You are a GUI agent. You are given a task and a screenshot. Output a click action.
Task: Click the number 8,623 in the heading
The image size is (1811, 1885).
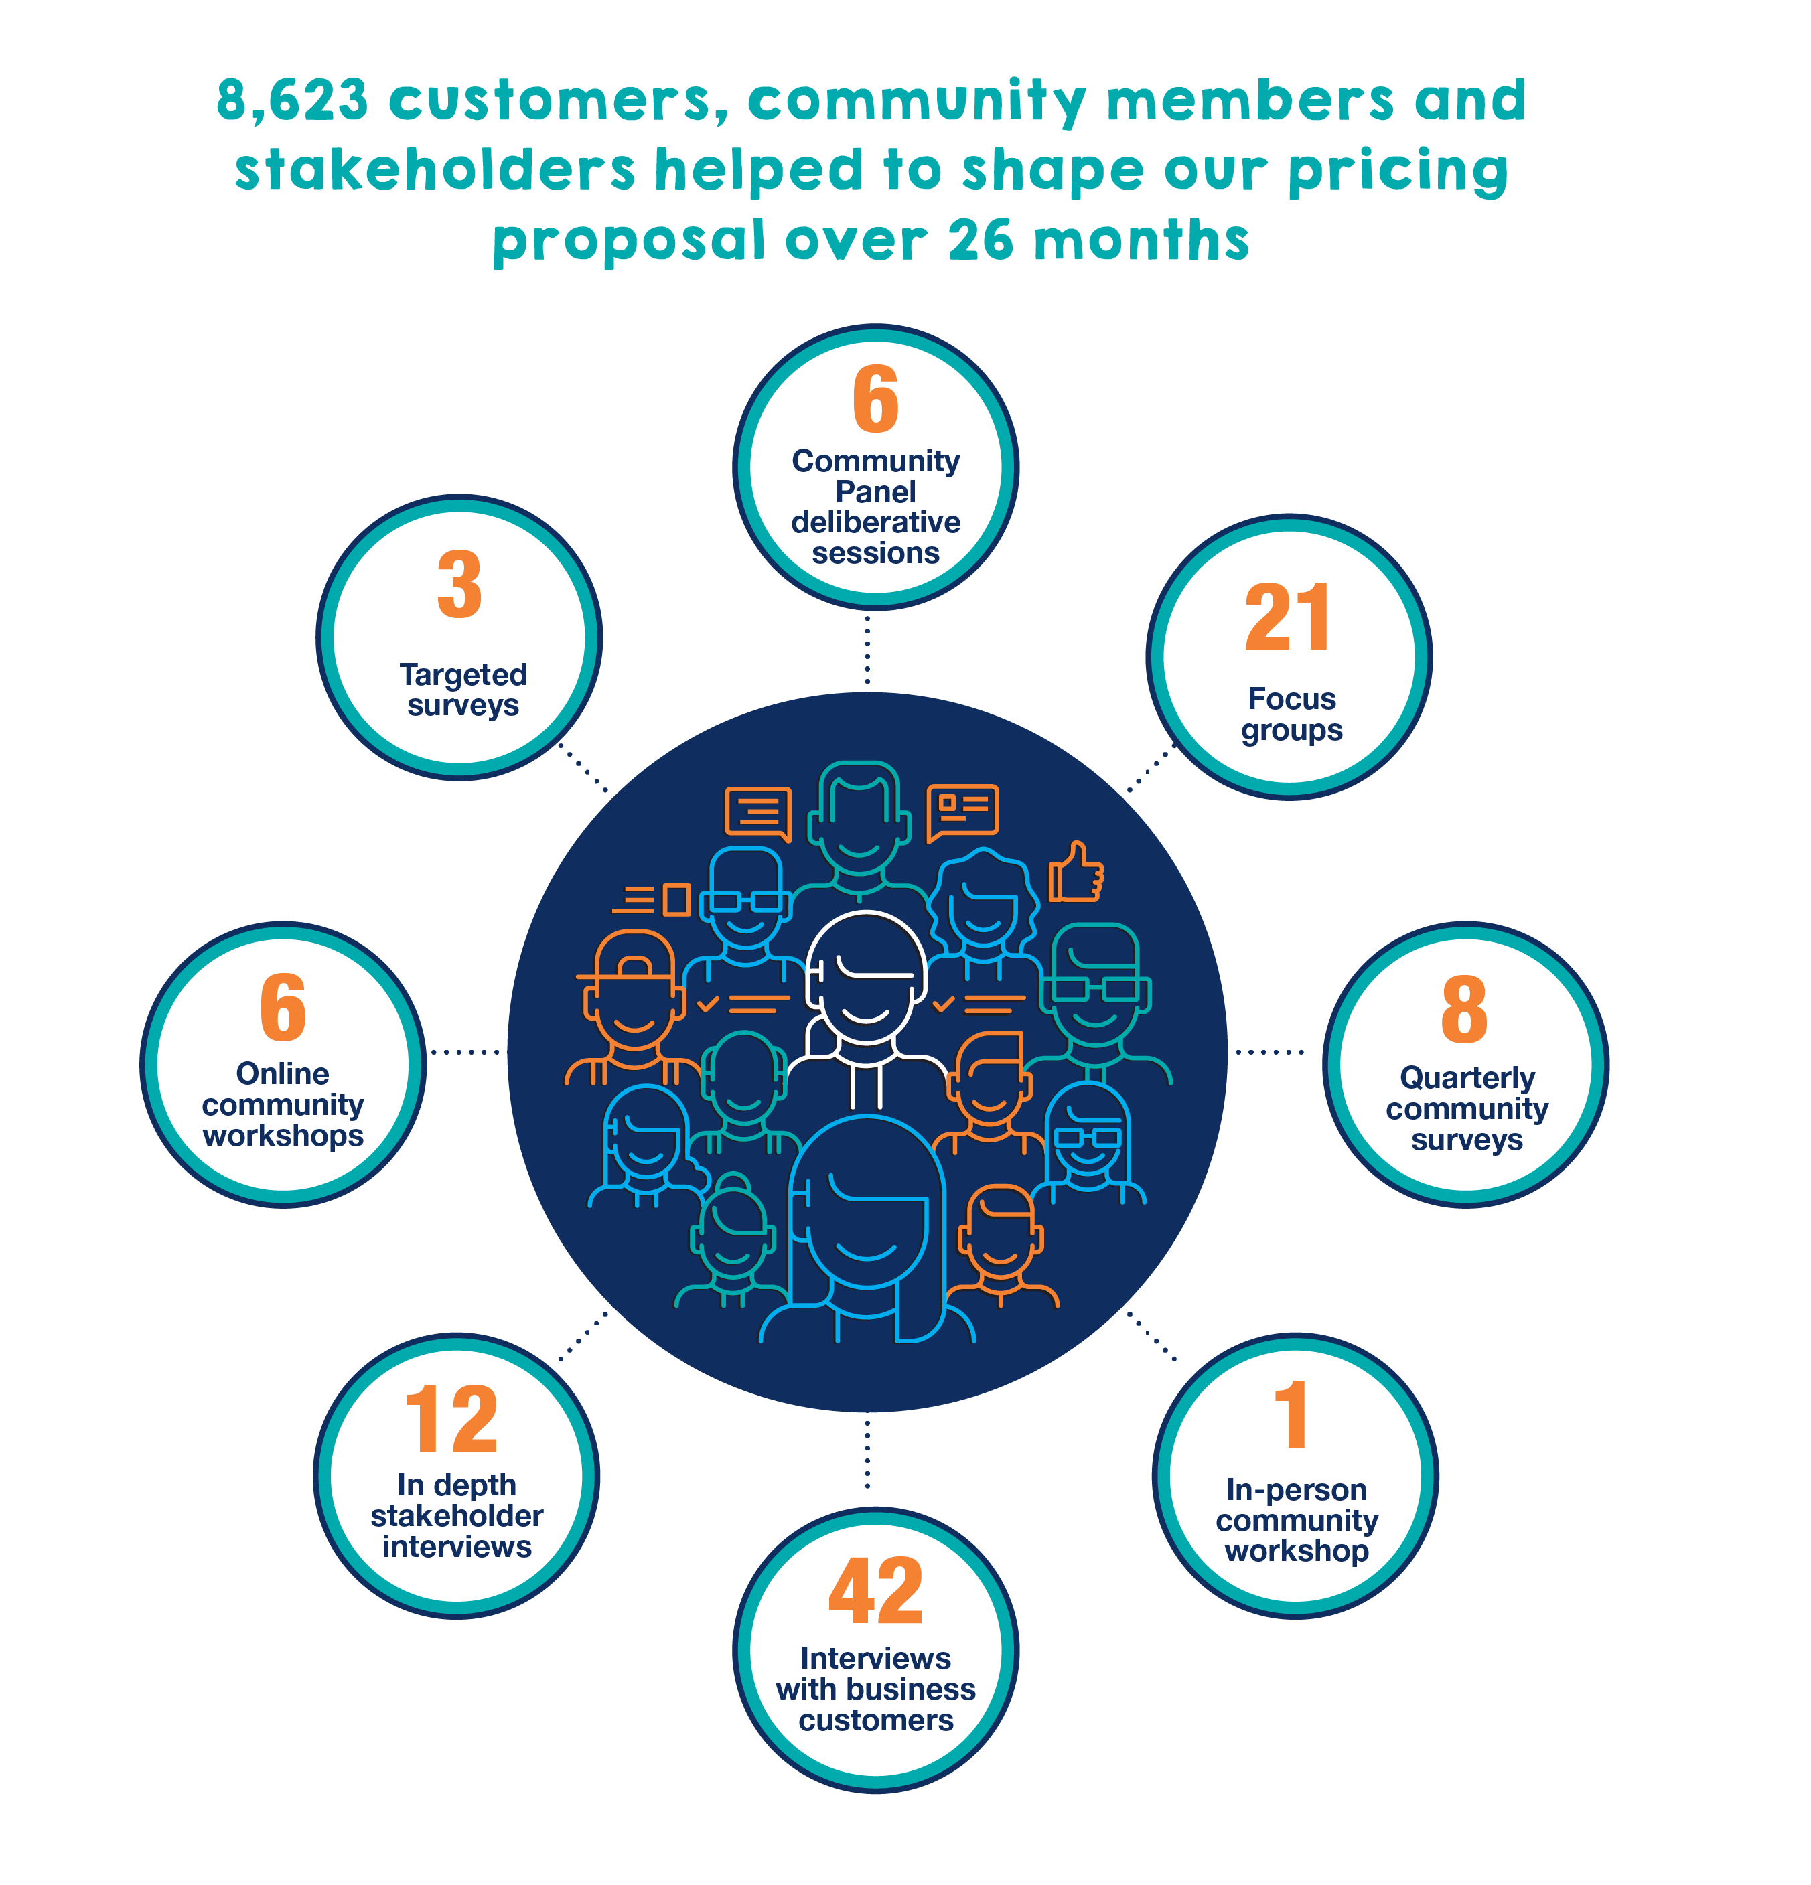(x=291, y=100)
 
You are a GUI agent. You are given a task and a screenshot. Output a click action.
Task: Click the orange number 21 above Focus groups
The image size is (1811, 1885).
(x=1288, y=618)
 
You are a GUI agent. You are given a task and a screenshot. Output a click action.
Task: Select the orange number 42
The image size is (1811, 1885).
(x=875, y=1592)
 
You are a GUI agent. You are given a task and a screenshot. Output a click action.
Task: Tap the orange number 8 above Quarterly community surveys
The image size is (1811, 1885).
(x=1464, y=1009)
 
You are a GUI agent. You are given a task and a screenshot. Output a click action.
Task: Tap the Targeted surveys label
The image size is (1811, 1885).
(x=463, y=690)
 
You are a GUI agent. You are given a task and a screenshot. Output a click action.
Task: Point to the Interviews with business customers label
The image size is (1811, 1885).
(x=875, y=1689)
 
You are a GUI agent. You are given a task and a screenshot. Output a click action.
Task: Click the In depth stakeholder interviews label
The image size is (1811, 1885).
(x=456, y=1515)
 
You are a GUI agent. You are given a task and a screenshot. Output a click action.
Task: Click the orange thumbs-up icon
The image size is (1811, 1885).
(x=1075, y=873)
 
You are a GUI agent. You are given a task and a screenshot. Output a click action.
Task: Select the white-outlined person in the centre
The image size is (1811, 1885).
(x=865, y=1000)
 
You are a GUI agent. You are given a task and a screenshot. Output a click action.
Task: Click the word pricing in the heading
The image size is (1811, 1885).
(x=1398, y=171)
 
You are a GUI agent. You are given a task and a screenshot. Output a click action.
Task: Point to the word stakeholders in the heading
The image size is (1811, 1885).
(x=434, y=171)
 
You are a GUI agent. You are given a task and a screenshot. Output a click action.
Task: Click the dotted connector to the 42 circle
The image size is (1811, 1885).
(x=867, y=1453)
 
